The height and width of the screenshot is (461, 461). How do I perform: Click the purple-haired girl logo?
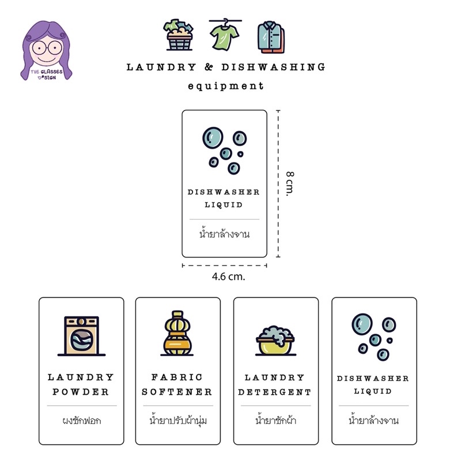pyautogui.click(x=46, y=50)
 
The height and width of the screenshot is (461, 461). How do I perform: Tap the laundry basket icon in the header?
pyautogui.click(x=179, y=35)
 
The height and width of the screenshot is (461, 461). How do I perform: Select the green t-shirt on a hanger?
pyautogui.click(x=225, y=35)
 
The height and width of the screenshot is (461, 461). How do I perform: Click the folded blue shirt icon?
pyautogui.click(x=271, y=37)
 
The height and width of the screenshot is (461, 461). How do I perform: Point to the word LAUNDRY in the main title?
pyautogui.click(x=161, y=67)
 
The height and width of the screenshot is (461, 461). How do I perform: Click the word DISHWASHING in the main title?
pyautogui.click(x=273, y=67)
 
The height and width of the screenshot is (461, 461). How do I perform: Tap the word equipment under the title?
pyautogui.click(x=225, y=86)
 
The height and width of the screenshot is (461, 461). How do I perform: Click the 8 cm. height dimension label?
pyautogui.click(x=290, y=184)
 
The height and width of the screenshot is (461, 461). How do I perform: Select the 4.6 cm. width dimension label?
pyautogui.click(x=228, y=277)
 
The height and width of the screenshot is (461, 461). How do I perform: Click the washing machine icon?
pyautogui.click(x=81, y=336)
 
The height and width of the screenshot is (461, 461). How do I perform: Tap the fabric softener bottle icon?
pyautogui.click(x=177, y=333)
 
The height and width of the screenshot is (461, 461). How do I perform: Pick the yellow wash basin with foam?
pyautogui.click(x=275, y=341)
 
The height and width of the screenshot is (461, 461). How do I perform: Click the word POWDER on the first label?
pyautogui.click(x=81, y=392)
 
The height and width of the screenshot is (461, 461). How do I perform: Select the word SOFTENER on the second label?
pyautogui.click(x=177, y=392)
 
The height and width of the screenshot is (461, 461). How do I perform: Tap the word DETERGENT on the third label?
pyautogui.click(x=275, y=392)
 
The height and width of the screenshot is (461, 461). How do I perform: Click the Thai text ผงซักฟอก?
pyautogui.click(x=82, y=421)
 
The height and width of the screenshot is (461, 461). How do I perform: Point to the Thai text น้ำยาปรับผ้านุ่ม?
pyautogui.click(x=178, y=421)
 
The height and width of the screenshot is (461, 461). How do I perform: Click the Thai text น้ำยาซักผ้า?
pyautogui.click(x=275, y=420)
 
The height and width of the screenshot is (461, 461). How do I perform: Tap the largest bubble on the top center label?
pyautogui.click(x=213, y=138)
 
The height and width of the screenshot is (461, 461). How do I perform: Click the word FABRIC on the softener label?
pyautogui.click(x=177, y=377)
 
